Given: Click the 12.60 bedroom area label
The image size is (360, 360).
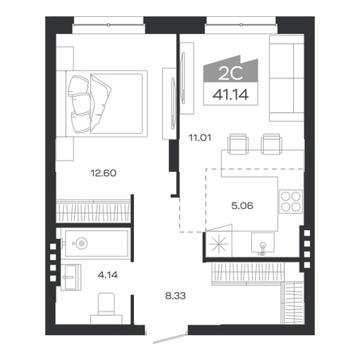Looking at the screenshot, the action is click(x=103, y=173).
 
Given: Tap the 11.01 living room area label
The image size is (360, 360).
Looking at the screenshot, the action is click(x=200, y=138).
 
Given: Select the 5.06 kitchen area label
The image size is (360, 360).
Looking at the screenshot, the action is click(x=242, y=206).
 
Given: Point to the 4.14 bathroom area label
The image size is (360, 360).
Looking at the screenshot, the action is click(x=107, y=275).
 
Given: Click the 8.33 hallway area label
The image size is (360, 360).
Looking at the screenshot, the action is click(x=175, y=296).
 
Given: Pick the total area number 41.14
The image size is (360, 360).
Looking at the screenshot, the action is click(x=231, y=94).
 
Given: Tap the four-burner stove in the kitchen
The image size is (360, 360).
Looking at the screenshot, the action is click(x=291, y=202).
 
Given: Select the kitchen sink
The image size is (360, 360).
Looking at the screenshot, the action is click(x=262, y=244).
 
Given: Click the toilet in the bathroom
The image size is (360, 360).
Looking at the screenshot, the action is click(x=107, y=308).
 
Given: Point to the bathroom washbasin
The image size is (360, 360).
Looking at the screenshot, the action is click(x=71, y=277).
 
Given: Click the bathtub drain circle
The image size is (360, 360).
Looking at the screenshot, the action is click(x=81, y=244).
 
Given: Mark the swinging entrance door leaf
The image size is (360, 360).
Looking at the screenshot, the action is click(x=170, y=338).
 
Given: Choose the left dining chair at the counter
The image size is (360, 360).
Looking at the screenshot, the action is click(x=238, y=144).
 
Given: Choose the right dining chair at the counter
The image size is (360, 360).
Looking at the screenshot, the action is click(x=272, y=144).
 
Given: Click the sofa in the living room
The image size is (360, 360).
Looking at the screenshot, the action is click(x=287, y=78).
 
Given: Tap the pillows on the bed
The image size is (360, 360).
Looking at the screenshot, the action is click(x=79, y=104).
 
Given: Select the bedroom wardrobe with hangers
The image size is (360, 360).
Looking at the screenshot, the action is click(x=94, y=211).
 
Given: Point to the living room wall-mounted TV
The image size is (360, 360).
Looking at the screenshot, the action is click(x=183, y=78).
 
